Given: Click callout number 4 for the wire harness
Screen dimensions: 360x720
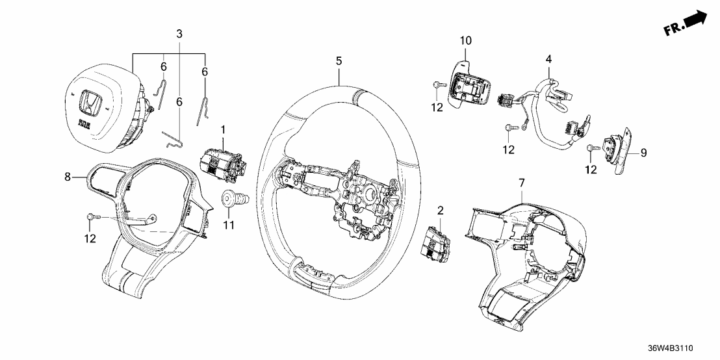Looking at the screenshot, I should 549,59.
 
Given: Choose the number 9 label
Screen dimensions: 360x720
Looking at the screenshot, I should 644,153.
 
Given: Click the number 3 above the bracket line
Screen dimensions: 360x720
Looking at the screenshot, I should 179,33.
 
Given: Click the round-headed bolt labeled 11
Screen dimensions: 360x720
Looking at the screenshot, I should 231,198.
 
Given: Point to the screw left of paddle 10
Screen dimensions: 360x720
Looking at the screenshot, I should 435,84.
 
